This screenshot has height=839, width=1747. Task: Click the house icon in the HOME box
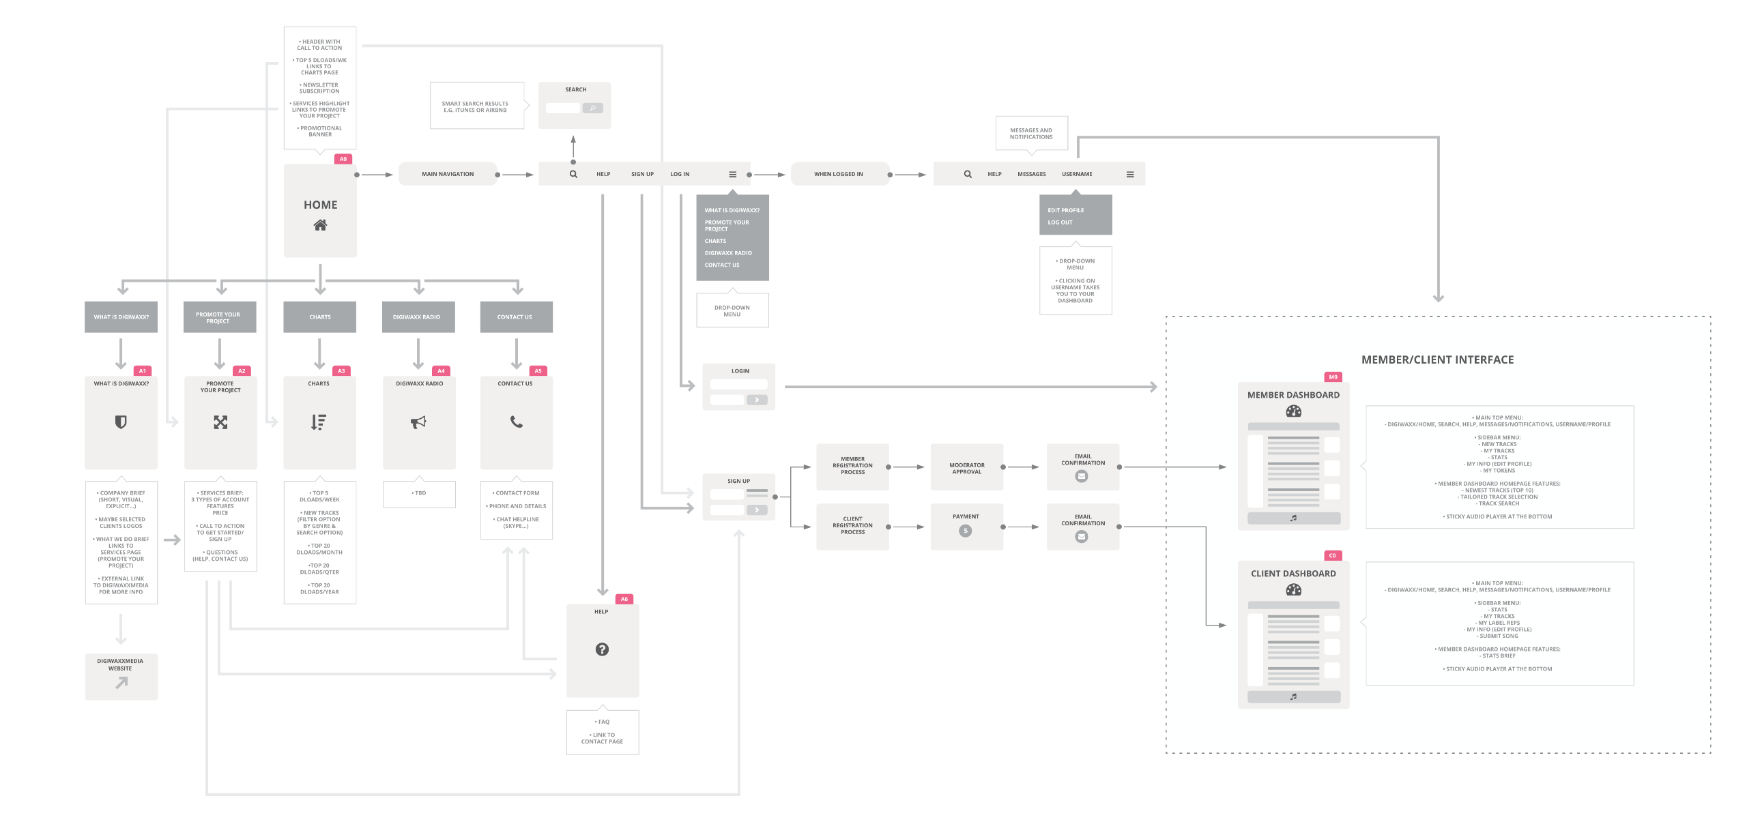point(320,225)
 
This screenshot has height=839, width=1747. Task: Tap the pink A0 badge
point(343,159)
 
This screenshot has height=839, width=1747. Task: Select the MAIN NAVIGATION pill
point(448,174)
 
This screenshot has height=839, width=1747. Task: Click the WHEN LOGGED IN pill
point(839,174)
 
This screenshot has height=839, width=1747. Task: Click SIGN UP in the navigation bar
point(642,174)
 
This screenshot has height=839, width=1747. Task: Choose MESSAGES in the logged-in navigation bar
point(1031,174)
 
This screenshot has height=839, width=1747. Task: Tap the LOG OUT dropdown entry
point(1060,222)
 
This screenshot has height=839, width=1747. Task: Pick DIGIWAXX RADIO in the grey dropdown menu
point(728,253)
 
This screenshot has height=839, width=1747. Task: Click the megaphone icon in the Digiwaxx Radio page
point(418,422)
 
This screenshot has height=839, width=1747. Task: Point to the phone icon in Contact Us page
point(517,422)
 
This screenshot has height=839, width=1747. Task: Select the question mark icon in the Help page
point(602,649)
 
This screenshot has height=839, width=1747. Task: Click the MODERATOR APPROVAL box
point(966,468)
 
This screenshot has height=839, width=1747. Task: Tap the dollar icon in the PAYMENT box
point(965,531)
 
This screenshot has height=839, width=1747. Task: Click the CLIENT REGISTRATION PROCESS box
point(852,526)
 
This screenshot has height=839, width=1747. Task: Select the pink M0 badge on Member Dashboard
point(1333,377)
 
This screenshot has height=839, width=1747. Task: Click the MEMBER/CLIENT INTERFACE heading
point(1437,359)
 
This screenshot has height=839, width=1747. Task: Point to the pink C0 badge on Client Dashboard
point(1332,556)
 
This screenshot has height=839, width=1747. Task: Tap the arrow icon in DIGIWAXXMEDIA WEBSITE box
point(121,682)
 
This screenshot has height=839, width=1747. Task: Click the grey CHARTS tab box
point(320,317)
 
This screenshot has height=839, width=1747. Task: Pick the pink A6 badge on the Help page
point(624,599)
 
